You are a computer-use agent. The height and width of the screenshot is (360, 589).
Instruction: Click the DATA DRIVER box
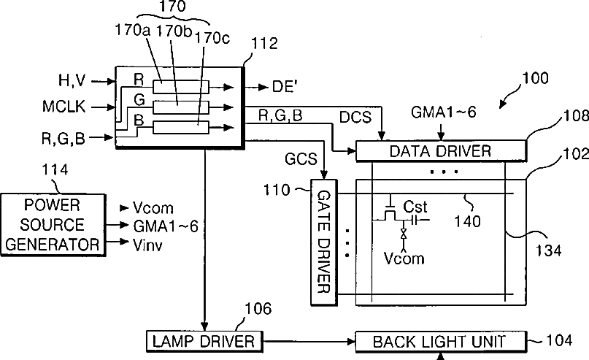(441, 151)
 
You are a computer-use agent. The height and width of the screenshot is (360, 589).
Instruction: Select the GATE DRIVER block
(324, 242)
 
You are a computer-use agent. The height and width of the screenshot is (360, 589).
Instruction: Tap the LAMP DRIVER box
(204, 341)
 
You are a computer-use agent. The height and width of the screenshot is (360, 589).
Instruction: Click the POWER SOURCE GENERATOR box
(53, 225)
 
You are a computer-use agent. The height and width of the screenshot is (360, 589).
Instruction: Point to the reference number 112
(264, 44)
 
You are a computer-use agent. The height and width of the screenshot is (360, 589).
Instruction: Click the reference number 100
(535, 78)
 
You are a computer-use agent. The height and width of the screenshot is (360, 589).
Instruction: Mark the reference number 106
(258, 309)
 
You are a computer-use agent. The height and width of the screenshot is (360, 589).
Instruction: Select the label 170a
(132, 30)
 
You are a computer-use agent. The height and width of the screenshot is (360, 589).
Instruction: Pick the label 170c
(212, 38)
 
